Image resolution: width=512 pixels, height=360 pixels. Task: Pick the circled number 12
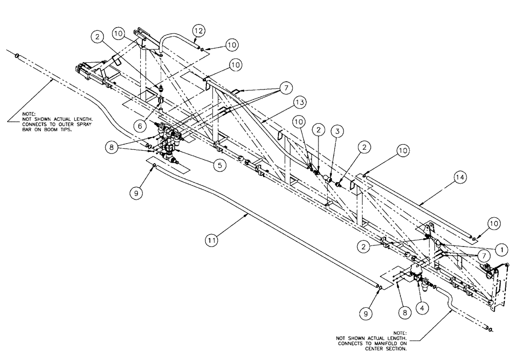coord(198,32)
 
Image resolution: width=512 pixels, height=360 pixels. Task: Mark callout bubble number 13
coord(300,103)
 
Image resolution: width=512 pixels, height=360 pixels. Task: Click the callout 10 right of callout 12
coord(231,45)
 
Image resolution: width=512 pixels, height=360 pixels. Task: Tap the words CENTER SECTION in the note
coord(388,349)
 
